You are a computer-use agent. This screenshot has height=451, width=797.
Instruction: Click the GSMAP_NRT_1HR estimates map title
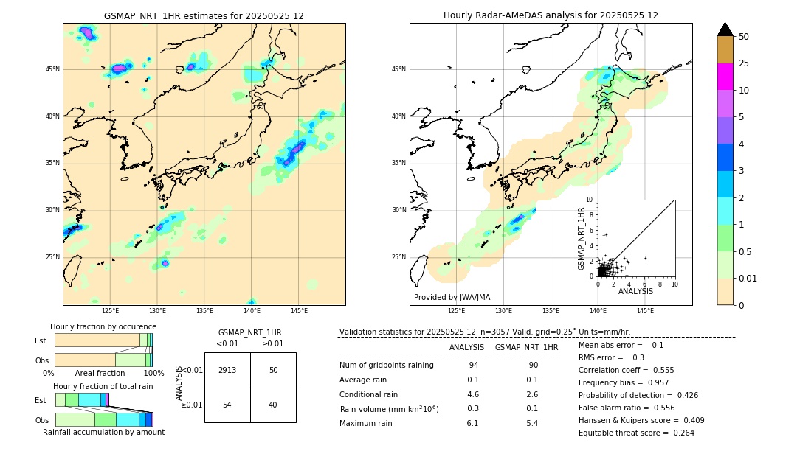[204, 15]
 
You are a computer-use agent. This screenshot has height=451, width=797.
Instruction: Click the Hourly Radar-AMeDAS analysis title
[551, 15]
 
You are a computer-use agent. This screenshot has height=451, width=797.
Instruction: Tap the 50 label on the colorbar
[744, 37]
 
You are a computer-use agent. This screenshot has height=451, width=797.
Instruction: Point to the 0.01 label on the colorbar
[748, 279]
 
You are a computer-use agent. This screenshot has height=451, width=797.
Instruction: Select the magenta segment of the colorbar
[725, 77]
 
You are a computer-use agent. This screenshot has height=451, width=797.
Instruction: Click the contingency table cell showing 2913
[227, 370]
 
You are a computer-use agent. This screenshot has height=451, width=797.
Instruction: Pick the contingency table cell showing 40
[273, 405]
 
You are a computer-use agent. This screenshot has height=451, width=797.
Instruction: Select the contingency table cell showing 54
[227, 405]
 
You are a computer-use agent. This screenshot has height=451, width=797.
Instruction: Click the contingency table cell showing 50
[273, 370]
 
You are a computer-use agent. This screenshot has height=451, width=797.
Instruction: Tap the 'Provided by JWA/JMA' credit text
[452, 298]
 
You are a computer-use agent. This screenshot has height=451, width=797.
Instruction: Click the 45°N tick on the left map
[52, 69]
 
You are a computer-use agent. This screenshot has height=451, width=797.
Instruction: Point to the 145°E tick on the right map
[645, 311]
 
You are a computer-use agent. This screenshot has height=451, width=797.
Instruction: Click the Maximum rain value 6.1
[472, 423]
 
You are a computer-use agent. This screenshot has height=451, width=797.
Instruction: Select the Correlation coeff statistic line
[626, 370]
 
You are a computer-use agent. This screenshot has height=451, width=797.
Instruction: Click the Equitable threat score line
[636, 433]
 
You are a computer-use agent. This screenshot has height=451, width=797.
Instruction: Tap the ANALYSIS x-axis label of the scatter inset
[635, 291]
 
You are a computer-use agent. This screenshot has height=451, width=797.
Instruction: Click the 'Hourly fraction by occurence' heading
[103, 326]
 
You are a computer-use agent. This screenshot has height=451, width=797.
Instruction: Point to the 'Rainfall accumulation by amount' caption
[103, 432]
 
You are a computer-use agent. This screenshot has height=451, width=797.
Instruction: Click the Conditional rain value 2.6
[531, 394]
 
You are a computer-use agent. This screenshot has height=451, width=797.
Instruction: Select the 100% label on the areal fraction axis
[153, 373]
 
